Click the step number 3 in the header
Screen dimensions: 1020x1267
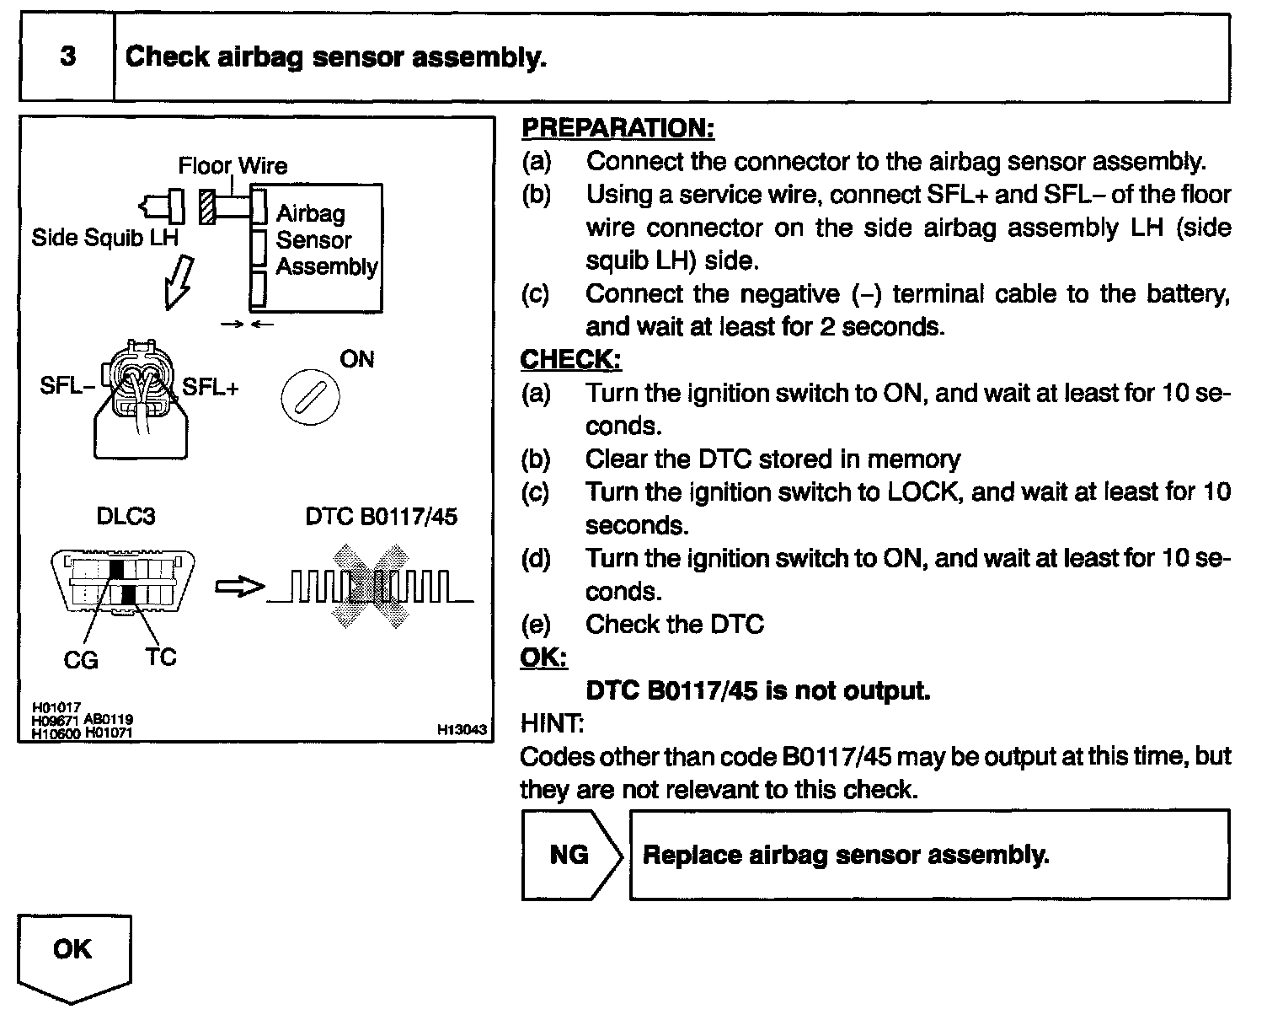click(x=67, y=57)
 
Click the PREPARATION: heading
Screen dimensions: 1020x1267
click(x=617, y=128)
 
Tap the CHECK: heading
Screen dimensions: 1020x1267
click(x=570, y=360)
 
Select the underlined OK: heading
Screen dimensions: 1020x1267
click(x=543, y=658)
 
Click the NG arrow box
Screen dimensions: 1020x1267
click(x=570, y=855)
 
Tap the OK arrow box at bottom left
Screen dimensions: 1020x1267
click(x=73, y=953)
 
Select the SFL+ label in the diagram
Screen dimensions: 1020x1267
click(x=211, y=387)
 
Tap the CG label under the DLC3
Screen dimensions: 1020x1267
click(x=81, y=660)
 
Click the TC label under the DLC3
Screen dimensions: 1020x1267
click(x=160, y=657)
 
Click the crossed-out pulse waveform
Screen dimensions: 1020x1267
click(x=370, y=587)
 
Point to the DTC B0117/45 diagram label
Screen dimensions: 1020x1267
click(x=381, y=516)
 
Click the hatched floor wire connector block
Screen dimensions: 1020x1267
click(x=207, y=207)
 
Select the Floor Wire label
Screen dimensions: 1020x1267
click(x=233, y=165)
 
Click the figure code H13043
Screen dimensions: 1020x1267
click(x=462, y=731)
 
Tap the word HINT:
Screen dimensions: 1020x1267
click(x=552, y=723)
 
